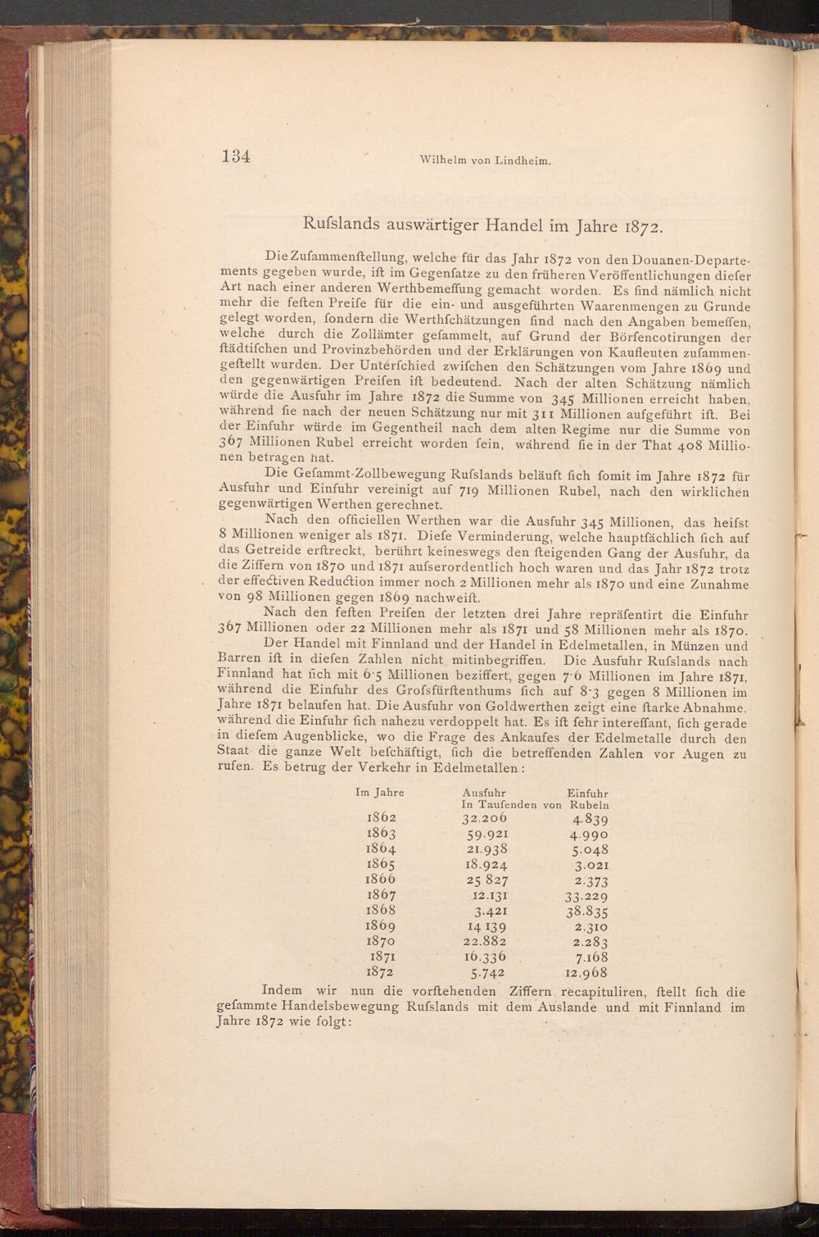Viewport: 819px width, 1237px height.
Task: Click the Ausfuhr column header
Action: [483, 793]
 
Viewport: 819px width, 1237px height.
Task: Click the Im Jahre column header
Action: [380, 793]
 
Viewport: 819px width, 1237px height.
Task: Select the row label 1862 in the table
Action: [381, 818]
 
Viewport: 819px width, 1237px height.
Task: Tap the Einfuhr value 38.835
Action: [586, 912]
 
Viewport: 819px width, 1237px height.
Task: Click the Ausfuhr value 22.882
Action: [485, 942]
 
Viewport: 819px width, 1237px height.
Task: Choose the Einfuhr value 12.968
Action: [586, 973]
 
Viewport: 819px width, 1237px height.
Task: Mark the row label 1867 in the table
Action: [381, 896]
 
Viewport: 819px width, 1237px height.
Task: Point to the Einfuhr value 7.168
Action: [590, 957]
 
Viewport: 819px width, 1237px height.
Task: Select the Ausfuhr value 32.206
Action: [484, 818]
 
